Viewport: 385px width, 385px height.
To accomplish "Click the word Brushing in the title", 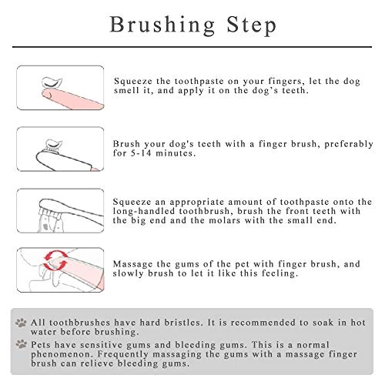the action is pos(162,25).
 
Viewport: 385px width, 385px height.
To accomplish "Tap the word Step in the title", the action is pos(252,25).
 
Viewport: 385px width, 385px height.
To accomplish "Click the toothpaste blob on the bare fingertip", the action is pos(52,82).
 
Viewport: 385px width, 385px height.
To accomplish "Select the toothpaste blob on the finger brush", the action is pos(54,145).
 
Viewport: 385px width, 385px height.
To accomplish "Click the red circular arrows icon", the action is pos(55,260).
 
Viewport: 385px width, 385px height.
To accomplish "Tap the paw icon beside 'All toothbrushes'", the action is pos(21,323).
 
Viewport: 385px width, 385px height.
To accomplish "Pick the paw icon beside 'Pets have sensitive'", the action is pos(21,344).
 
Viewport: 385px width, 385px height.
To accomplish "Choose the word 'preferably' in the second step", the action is pos(349,144).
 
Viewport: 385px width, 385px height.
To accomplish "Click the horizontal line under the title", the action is pos(192,47).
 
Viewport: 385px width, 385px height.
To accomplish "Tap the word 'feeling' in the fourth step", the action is pos(280,273).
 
